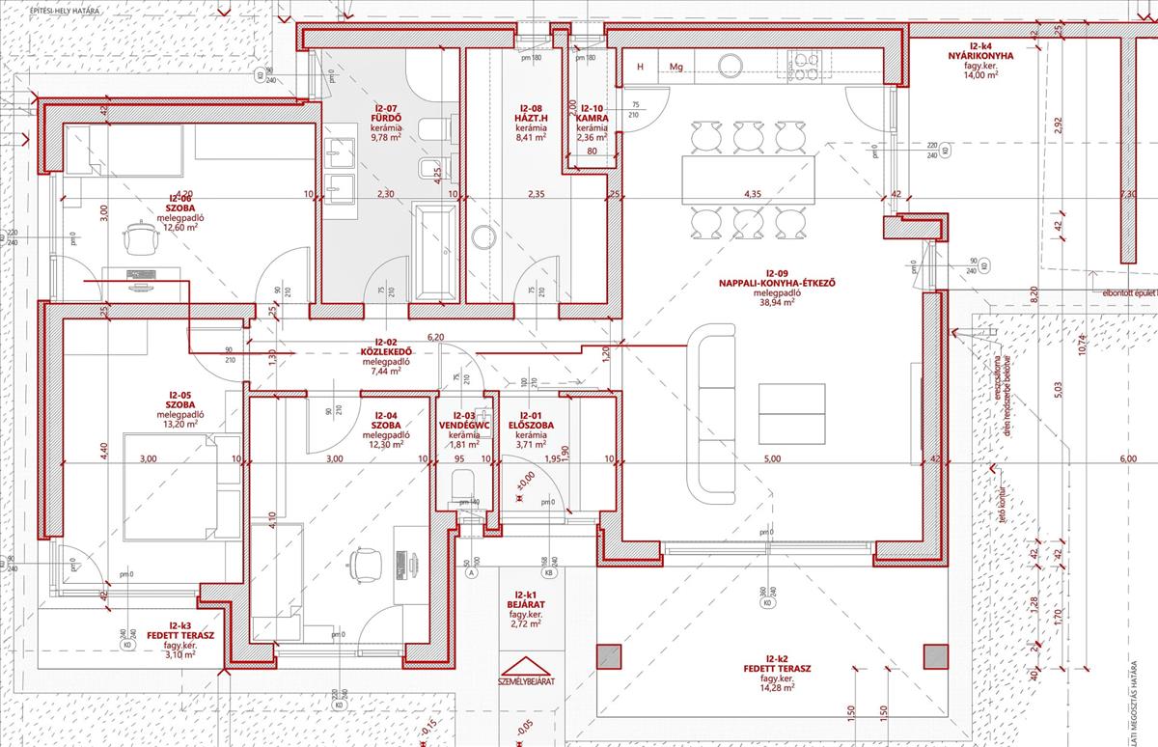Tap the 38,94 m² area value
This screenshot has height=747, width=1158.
(x=771, y=302)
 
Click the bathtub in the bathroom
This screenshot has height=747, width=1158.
(x=434, y=251)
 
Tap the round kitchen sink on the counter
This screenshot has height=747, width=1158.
(x=730, y=65)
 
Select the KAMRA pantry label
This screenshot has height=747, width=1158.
(x=591, y=119)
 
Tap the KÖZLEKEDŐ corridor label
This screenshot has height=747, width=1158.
(x=385, y=352)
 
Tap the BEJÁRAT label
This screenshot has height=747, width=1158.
(x=526, y=604)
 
